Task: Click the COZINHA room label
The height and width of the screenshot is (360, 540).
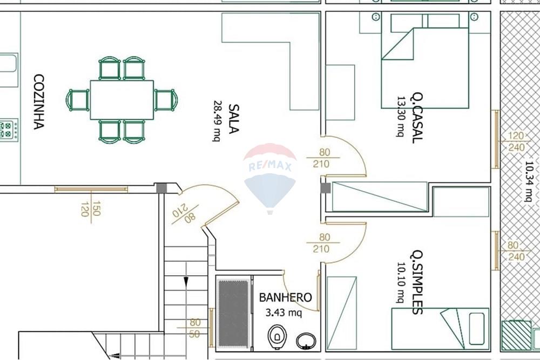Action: [x=39, y=102]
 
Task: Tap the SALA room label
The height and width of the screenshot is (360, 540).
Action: [x=233, y=119]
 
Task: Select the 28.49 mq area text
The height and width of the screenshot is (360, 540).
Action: [x=217, y=121]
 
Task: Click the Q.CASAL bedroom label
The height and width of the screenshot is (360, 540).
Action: [x=416, y=118]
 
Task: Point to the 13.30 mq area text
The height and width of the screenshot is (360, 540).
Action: [x=401, y=117]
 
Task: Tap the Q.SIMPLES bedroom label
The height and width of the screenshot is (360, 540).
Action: [x=416, y=282]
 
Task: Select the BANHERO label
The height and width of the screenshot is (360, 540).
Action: [x=286, y=297]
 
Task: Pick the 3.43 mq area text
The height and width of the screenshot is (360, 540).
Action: [x=284, y=313]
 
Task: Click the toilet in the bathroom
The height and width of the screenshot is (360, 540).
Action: [x=277, y=337]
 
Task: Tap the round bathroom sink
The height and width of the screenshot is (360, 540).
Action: [x=306, y=341]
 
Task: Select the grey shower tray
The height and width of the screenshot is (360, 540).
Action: [x=233, y=314]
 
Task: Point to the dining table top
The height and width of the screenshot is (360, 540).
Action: [x=122, y=100]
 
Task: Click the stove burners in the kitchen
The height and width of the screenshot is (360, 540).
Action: [x=7, y=130]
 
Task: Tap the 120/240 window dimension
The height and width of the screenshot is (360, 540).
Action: [x=516, y=141]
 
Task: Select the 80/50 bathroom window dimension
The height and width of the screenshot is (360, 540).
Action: [x=195, y=328]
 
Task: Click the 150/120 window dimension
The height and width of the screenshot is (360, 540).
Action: [x=91, y=208]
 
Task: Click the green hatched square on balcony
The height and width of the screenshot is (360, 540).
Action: [x=516, y=336]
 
